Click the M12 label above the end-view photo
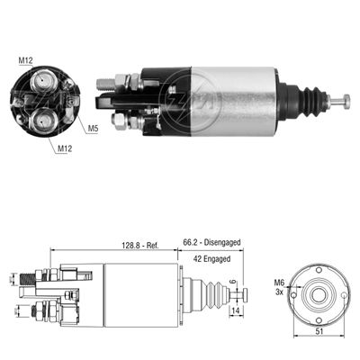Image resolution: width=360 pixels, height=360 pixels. click(x=25, y=60)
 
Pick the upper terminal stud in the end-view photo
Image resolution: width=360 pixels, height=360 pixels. click(x=41, y=84)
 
